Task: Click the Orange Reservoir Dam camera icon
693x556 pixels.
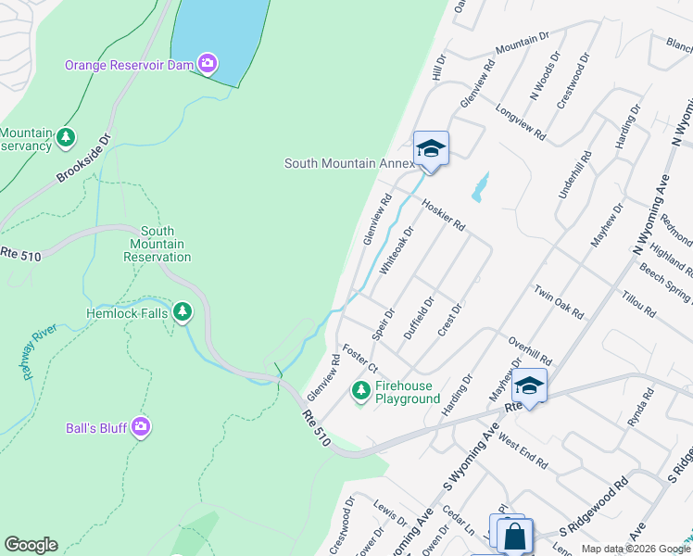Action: (x=208, y=64)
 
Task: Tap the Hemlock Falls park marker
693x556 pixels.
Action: (x=183, y=312)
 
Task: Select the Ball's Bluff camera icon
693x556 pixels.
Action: (x=141, y=427)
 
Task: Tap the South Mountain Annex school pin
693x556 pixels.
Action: (x=431, y=149)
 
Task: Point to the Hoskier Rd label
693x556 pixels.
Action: (x=443, y=215)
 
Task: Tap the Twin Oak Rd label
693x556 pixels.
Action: (x=558, y=301)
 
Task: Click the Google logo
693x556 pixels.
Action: (x=31, y=545)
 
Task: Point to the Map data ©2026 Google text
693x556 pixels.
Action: (x=635, y=549)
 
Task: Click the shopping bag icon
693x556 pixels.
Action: (x=514, y=536)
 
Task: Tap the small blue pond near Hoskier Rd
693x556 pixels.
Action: (x=479, y=187)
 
